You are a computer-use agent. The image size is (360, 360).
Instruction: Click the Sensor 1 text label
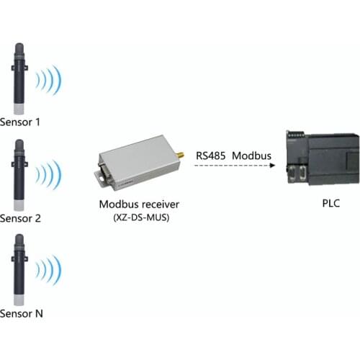(x=21, y=122)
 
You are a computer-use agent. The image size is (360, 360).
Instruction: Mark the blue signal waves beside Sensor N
(x=51, y=271)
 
